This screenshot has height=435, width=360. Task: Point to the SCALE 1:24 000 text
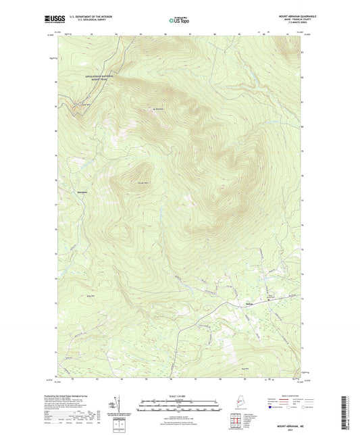tap(179, 396)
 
